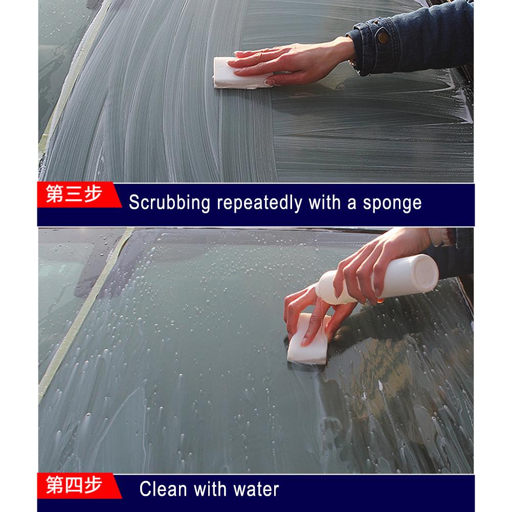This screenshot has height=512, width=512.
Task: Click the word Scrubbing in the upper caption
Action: tap(169, 203)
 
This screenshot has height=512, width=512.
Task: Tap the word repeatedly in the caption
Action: tap(259, 203)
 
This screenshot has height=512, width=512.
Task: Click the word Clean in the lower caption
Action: tap(163, 489)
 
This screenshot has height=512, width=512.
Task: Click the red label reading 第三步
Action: tap(74, 195)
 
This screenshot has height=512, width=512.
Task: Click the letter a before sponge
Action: tap(352, 204)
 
